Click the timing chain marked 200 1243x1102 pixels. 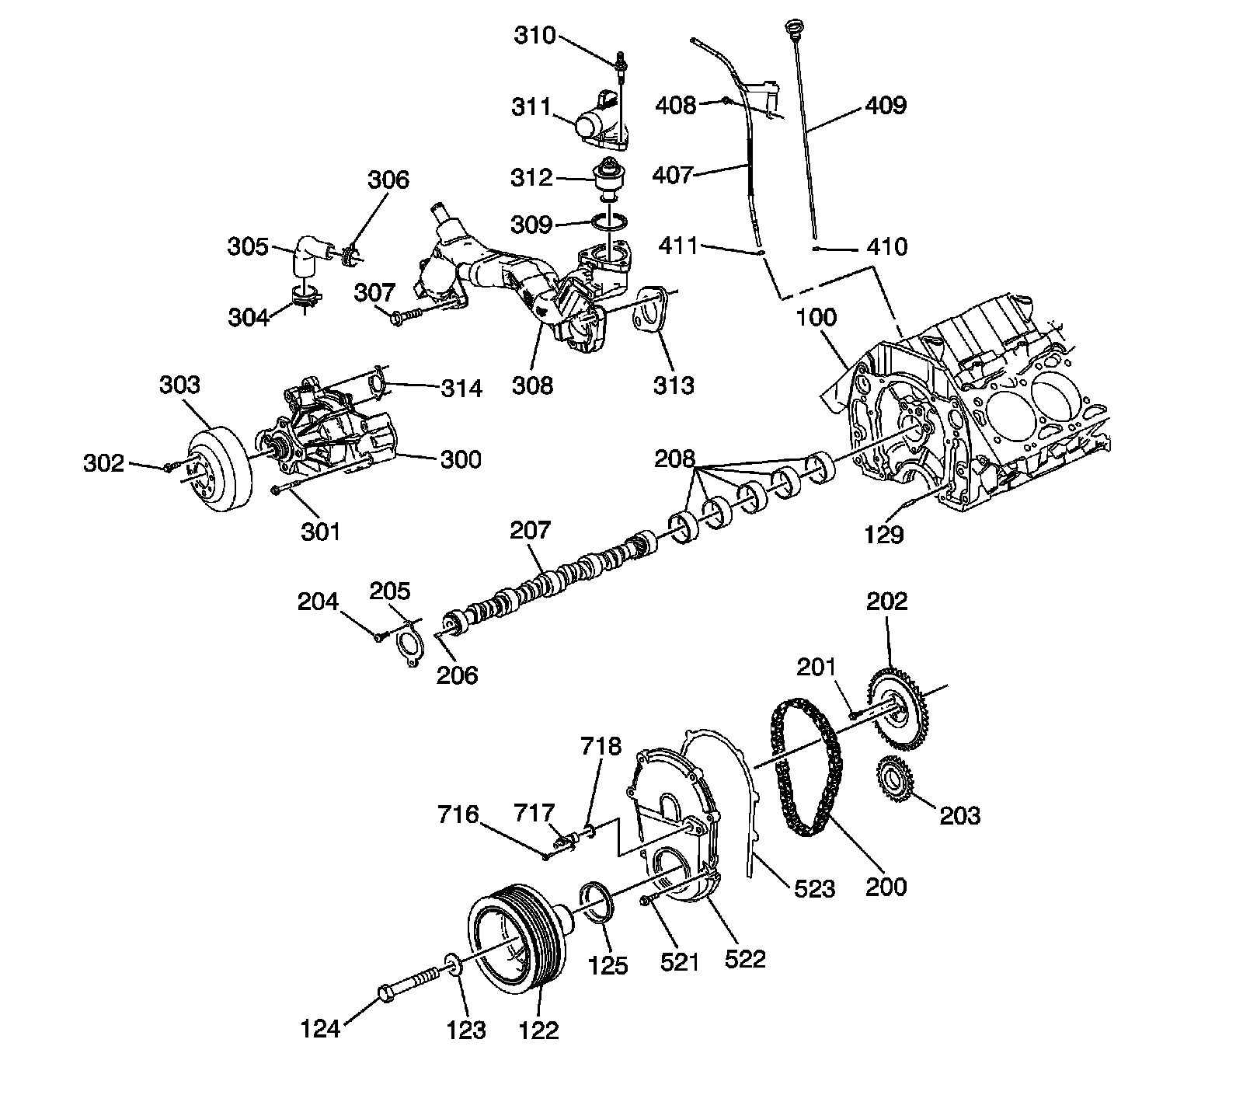tap(803, 765)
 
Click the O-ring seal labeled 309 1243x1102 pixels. tap(611, 222)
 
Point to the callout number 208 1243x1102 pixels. tap(674, 458)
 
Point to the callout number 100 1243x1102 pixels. tap(816, 317)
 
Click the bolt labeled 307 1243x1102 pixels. tap(406, 315)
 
